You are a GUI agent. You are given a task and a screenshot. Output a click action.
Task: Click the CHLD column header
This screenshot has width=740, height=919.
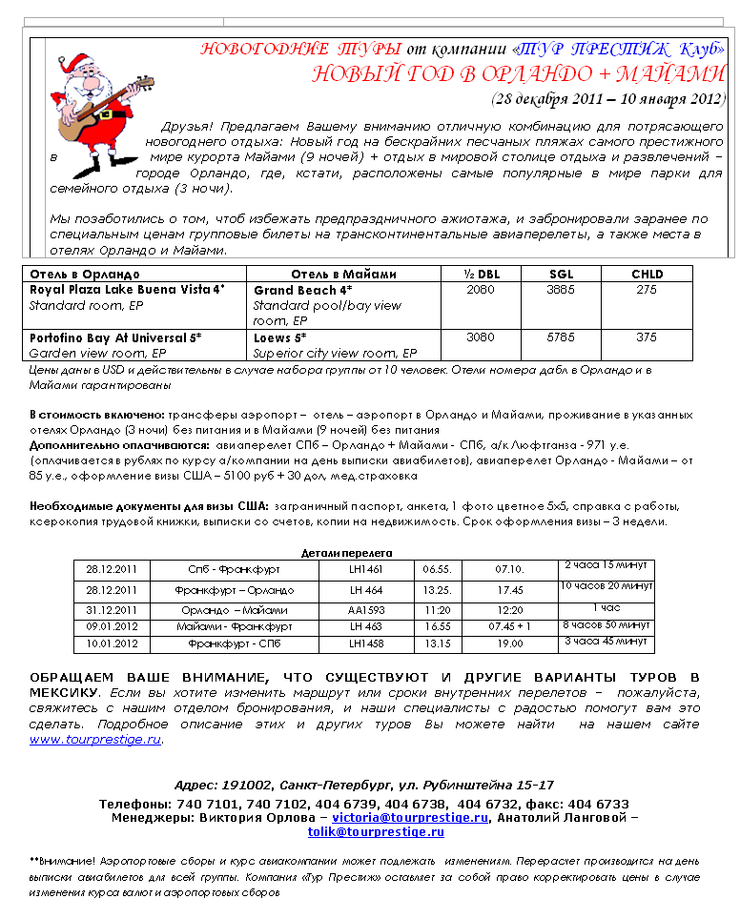[647, 275]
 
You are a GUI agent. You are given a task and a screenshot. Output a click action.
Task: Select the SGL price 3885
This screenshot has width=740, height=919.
[562, 289]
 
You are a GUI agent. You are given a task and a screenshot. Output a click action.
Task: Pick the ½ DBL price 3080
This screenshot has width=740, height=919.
[481, 337]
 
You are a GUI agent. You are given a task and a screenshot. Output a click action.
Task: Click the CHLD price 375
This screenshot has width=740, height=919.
[647, 337]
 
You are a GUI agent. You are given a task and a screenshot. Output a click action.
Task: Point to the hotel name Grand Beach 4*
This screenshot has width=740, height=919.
[302, 289]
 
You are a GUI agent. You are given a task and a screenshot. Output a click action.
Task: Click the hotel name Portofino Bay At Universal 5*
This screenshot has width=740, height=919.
[115, 337]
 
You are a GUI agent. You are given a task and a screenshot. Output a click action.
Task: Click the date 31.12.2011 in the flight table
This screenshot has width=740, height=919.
[112, 610]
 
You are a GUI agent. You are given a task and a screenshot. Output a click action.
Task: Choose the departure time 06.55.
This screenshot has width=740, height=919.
[438, 569]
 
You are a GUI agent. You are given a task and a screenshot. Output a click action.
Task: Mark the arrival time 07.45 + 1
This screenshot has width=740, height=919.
[510, 627]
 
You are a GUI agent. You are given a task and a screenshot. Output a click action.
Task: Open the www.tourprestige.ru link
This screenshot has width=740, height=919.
[95, 740]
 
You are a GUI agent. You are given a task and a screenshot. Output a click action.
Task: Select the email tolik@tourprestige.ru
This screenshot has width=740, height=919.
[376, 832]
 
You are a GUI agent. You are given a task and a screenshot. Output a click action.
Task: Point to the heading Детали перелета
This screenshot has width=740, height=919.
[346, 553]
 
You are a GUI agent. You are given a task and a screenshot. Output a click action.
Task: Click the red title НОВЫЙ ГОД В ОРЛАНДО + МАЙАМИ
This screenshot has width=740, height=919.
[519, 75]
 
